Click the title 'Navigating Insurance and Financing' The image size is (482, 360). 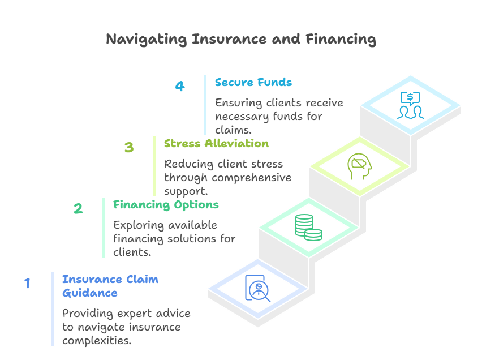coord(241,40)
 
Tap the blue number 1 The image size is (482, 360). coord(27,283)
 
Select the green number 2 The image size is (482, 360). coord(78,209)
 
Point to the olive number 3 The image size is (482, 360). coord(129,148)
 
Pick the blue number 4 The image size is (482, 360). coord(179,87)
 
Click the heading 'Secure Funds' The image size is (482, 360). coord(253,83)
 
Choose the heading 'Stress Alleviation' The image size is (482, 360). coord(216,144)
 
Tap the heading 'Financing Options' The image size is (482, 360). coord(166,205)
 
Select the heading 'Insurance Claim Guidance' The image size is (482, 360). coord(110,286)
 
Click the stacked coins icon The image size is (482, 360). coord(308,227)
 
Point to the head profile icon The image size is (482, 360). coord(359,166)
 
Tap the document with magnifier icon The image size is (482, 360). coord(258,288)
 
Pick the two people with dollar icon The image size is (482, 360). coord(411,105)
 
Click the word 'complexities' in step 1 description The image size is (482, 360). coord(97,341)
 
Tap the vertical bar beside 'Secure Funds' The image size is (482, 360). coord(205,105)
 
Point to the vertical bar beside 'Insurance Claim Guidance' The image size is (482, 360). coord(53,309)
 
